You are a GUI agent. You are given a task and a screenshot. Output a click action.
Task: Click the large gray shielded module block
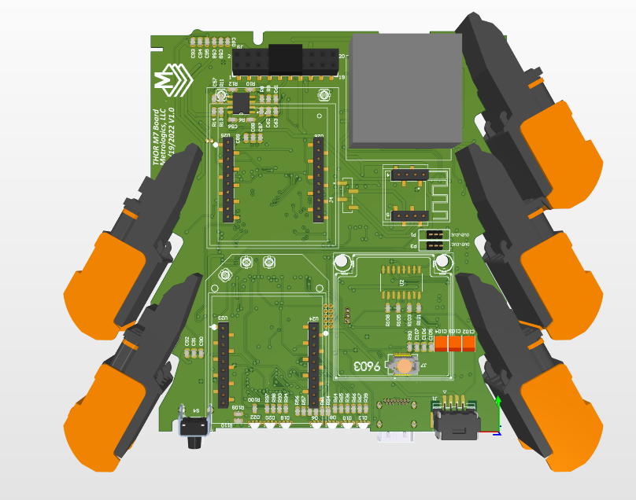click(x=405, y=90)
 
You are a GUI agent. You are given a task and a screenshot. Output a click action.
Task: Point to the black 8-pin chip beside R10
click(x=240, y=103)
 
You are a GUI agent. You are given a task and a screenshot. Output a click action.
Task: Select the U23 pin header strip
click(x=223, y=362)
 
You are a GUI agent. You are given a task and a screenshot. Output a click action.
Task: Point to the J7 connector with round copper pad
click(x=404, y=366)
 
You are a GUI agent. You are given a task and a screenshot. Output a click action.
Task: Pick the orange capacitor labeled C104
click(x=442, y=344)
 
